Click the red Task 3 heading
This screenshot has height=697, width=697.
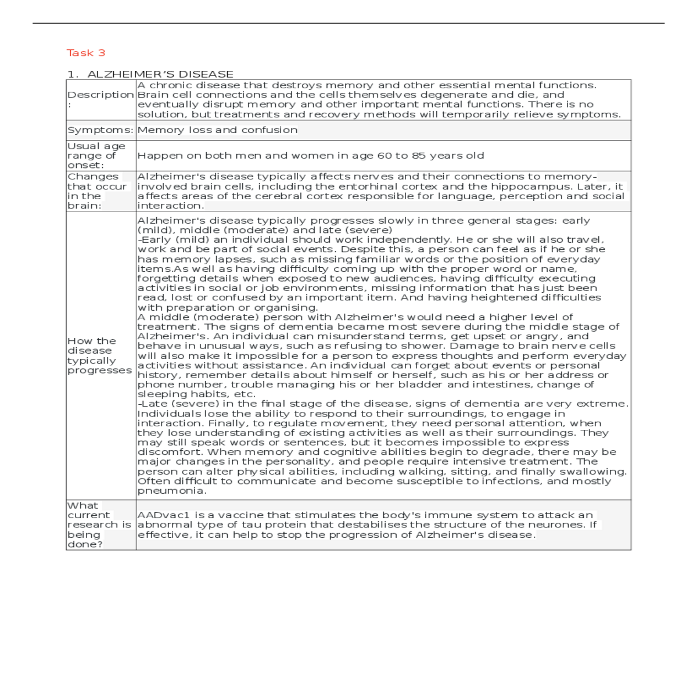[86, 53]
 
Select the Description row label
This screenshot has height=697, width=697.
[100, 95]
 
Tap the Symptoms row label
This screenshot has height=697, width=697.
[100, 130]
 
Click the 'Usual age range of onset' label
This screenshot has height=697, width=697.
[96, 156]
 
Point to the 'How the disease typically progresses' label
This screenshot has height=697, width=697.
[99, 355]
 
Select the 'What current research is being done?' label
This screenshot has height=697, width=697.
[99, 524]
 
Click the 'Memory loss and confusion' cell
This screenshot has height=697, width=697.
[217, 130]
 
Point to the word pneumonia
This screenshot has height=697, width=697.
[171, 491]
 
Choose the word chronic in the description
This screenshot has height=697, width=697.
[171, 85]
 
